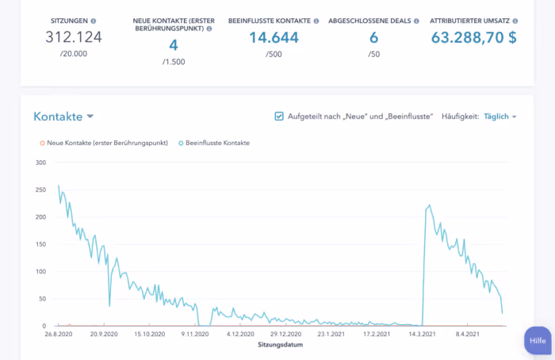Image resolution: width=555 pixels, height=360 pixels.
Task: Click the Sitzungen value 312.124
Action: coord(74,37)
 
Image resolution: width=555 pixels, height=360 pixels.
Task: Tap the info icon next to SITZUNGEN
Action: coord(94,21)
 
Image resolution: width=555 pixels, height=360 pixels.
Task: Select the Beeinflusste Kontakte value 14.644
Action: coord(274,37)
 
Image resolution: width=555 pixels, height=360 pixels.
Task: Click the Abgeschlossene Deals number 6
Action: coord(373,37)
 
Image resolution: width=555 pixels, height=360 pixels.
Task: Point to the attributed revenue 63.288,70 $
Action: coord(473,37)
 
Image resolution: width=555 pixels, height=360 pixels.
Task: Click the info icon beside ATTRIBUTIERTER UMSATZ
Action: coord(515,21)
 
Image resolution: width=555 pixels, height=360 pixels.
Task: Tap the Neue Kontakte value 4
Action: coord(174,45)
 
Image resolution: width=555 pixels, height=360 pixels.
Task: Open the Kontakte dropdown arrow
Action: coord(90,116)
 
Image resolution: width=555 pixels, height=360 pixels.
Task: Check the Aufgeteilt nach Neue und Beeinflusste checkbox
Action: coord(279,116)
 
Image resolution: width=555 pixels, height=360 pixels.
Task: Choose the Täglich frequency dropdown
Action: coord(499,117)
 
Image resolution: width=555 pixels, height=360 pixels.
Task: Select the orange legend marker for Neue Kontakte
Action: coord(42,143)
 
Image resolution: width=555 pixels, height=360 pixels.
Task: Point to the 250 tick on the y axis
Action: coord(40,190)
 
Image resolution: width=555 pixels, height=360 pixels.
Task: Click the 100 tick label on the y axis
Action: coord(40,271)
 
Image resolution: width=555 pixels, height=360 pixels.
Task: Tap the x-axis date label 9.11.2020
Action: coord(195,334)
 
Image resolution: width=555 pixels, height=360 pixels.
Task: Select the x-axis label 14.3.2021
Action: coord(422,334)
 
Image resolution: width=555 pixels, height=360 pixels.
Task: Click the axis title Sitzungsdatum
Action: coord(281,344)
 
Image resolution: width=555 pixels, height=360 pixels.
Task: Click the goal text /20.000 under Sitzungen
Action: coord(74,54)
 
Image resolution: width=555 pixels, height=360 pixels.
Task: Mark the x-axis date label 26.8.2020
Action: coord(59,334)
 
